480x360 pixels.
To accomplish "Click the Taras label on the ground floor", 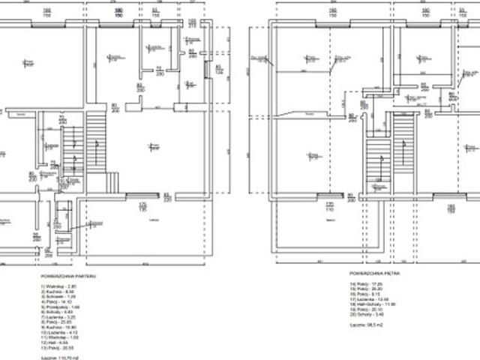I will pos(154,219).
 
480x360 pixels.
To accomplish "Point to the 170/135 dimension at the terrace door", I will pos(141,204).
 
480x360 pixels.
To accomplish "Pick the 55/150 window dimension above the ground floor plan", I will pos(154,12).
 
